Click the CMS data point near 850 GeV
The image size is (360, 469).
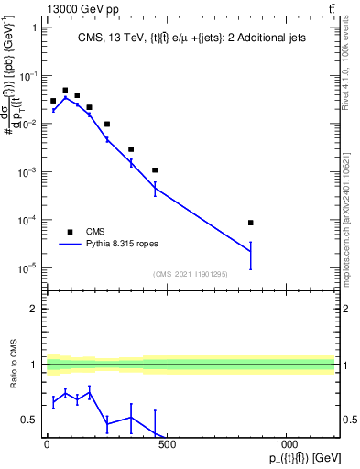pyautogui.click(x=250, y=223)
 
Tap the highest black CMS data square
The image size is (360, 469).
pyautogui.click(x=65, y=91)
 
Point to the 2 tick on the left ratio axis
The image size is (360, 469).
pyautogui.click(x=34, y=309)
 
